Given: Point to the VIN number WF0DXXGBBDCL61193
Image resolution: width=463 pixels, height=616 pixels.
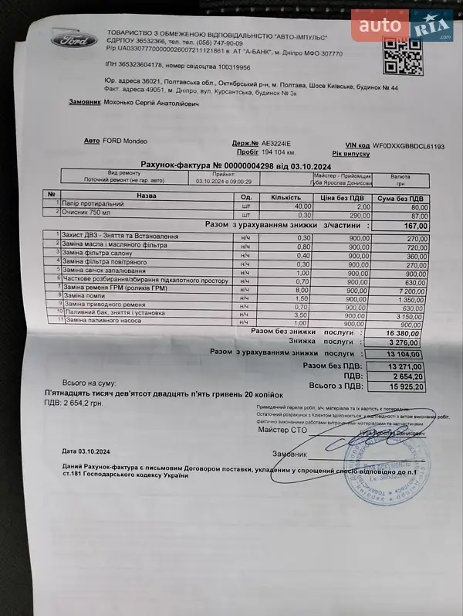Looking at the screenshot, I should coord(408,145).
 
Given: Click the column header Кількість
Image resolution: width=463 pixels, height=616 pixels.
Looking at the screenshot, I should coord(286,196).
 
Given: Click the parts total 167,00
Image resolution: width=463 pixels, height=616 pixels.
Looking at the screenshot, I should coord(416,225).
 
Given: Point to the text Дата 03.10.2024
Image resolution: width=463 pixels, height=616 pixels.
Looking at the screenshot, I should coord(86,451).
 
